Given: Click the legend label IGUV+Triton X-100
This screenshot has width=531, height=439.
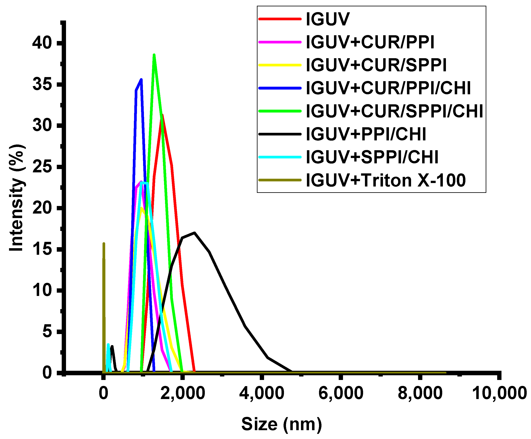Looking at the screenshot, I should [385, 180].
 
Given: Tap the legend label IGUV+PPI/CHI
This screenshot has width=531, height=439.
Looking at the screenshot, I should [366, 134].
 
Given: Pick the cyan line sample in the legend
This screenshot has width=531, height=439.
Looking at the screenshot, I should [280, 157].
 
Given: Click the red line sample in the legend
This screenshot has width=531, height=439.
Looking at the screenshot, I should [280, 19].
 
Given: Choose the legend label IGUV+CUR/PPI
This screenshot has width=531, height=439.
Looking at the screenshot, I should [370, 42].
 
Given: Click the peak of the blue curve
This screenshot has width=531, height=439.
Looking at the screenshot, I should [141, 79].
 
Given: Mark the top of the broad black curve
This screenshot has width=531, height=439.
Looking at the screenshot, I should [194, 233].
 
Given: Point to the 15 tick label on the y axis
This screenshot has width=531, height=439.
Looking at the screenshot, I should [42, 249].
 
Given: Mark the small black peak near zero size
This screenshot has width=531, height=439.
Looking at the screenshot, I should [112, 346].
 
